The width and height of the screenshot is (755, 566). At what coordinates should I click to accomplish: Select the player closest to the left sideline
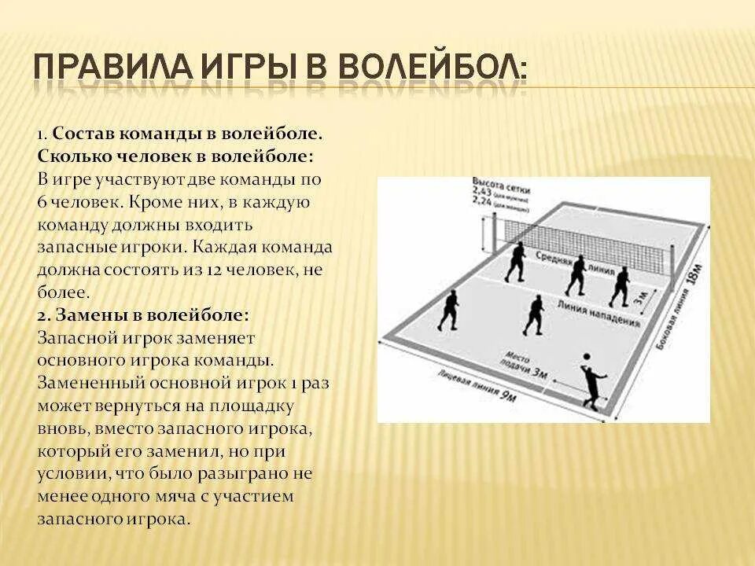449,311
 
